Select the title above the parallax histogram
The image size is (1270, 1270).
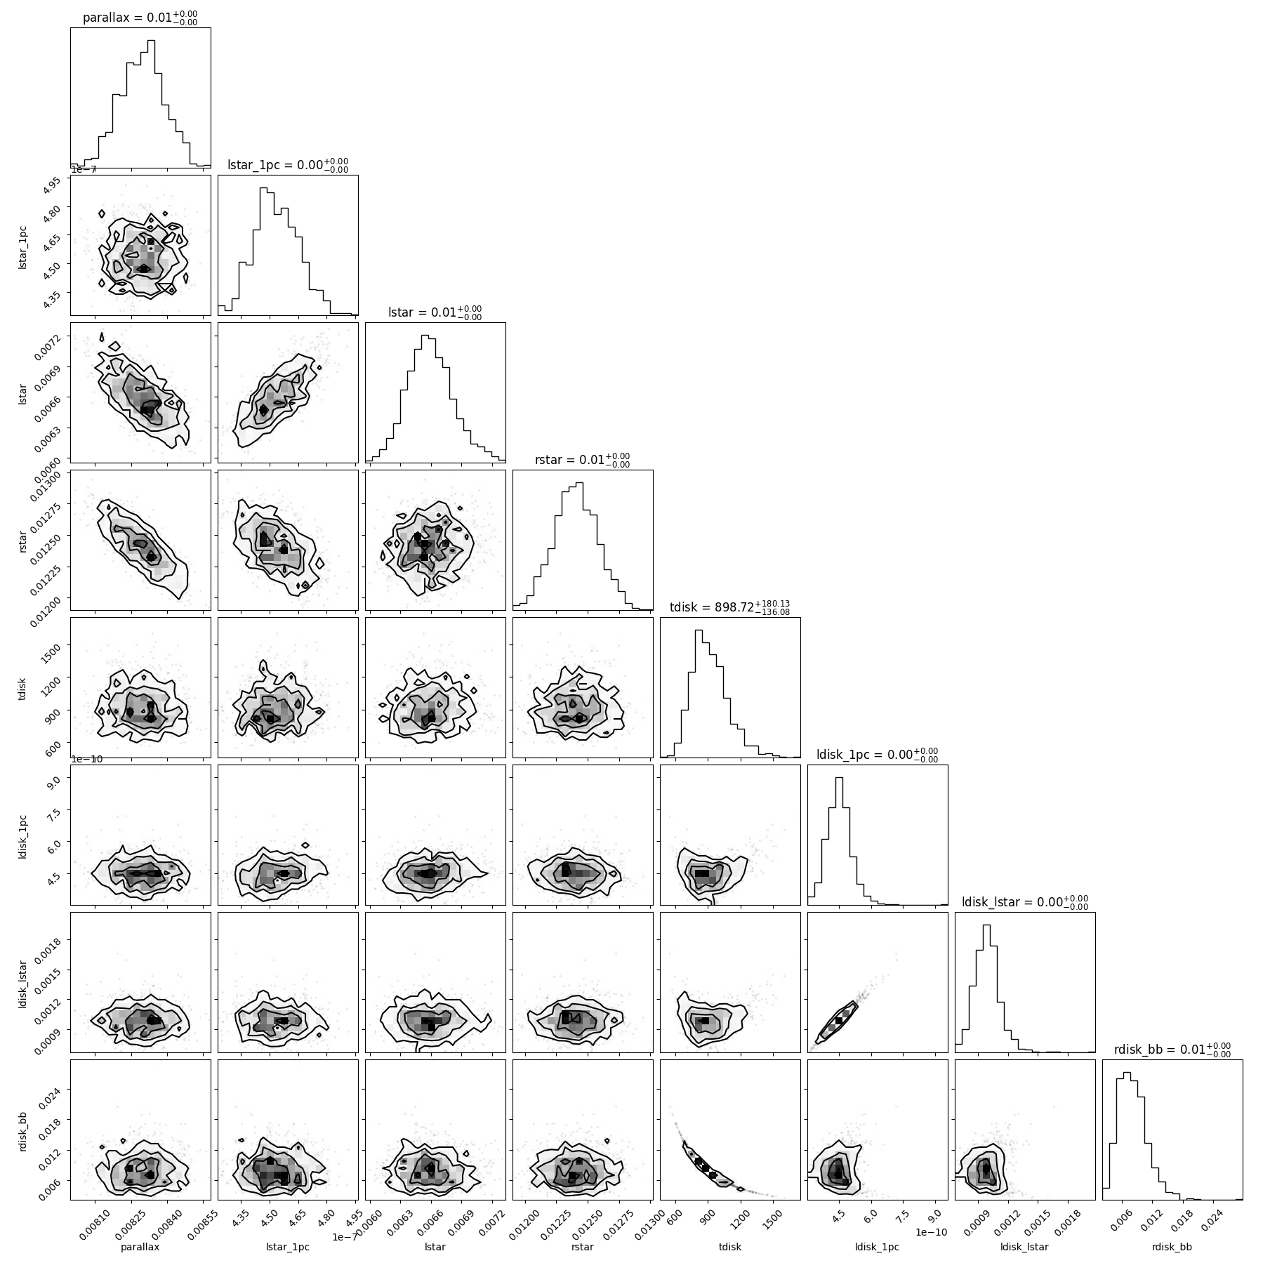140,18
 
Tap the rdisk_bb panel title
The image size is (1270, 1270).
1172,1050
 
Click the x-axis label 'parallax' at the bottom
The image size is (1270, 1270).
140,1247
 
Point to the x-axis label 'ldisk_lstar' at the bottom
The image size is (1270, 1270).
1025,1247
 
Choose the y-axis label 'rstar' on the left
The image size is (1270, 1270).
22,540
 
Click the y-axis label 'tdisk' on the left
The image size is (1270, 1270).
22,687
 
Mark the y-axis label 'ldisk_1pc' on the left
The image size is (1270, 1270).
22,835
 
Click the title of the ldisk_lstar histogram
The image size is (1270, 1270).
1025,902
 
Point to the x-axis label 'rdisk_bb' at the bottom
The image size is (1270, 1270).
1172,1247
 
